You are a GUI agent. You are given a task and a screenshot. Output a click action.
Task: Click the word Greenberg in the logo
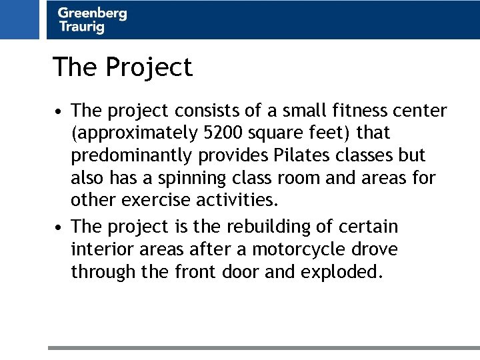tap(92, 13)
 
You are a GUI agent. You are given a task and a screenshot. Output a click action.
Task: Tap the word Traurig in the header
tap(81, 27)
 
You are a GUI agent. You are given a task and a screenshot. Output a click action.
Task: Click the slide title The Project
tap(123, 67)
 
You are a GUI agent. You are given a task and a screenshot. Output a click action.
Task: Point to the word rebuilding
tap(266, 227)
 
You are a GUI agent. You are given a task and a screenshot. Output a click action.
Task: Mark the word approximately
tap(134, 133)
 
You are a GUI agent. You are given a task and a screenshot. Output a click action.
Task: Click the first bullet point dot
tap(59, 111)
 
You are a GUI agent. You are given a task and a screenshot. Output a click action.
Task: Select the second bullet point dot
tap(59, 228)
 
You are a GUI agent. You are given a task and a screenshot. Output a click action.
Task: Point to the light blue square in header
tap(20, 19)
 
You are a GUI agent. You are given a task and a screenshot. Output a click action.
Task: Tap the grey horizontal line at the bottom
tap(263, 347)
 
